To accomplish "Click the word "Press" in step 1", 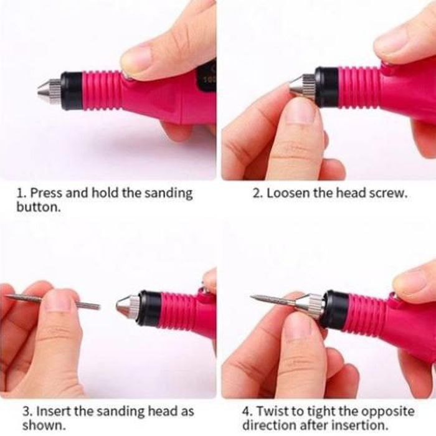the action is (47, 193).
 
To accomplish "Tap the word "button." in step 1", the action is (39, 207).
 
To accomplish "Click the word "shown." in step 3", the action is (44, 425).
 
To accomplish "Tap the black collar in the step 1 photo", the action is (72, 91).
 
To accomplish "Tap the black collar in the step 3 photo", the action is (150, 308).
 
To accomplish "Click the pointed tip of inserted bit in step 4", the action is (251, 297).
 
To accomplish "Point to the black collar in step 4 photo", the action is (335, 308).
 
